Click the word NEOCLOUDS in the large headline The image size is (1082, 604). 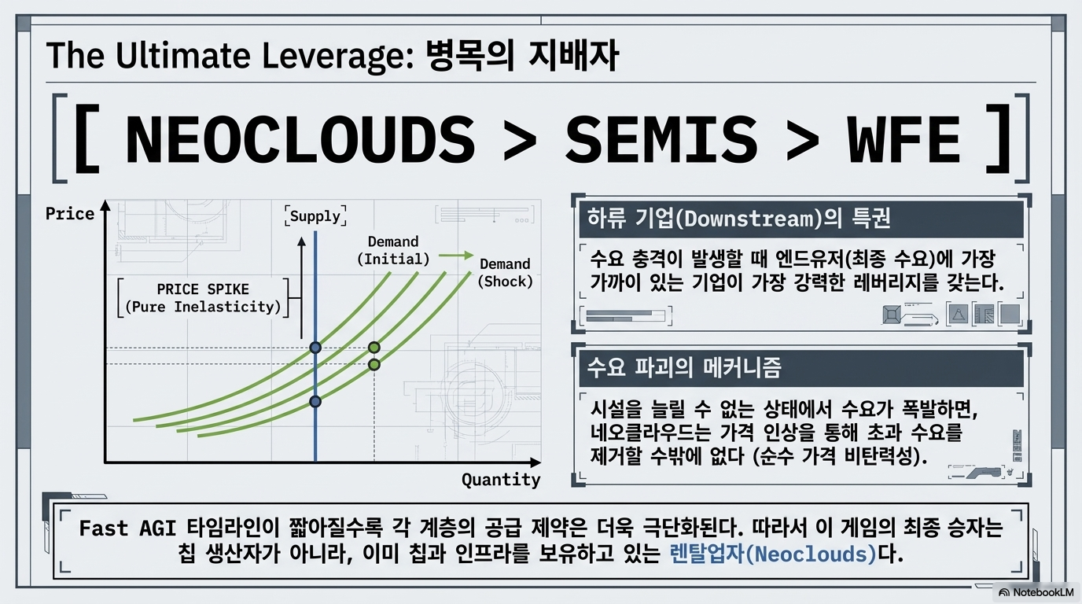[300, 140]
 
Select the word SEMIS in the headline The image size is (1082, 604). [661, 140]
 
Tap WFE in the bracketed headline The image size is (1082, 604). [904, 140]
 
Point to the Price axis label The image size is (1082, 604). [69, 214]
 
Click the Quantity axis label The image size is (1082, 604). [501, 480]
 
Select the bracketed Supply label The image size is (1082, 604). [315, 216]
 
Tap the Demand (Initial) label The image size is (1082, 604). [393, 250]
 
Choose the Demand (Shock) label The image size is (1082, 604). [506, 273]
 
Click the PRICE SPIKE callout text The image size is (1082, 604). [203, 297]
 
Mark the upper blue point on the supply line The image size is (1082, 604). [315, 348]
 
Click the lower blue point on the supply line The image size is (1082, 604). [315, 401]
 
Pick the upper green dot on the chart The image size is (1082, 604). [374, 348]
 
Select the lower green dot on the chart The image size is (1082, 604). [374, 364]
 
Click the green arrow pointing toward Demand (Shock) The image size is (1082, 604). [456, 256]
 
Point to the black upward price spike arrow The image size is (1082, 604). [301, 288]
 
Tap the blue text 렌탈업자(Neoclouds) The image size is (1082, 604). [773, 554]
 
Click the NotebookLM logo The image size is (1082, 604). [1036, 592]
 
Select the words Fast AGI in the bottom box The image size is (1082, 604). [127, 528]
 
